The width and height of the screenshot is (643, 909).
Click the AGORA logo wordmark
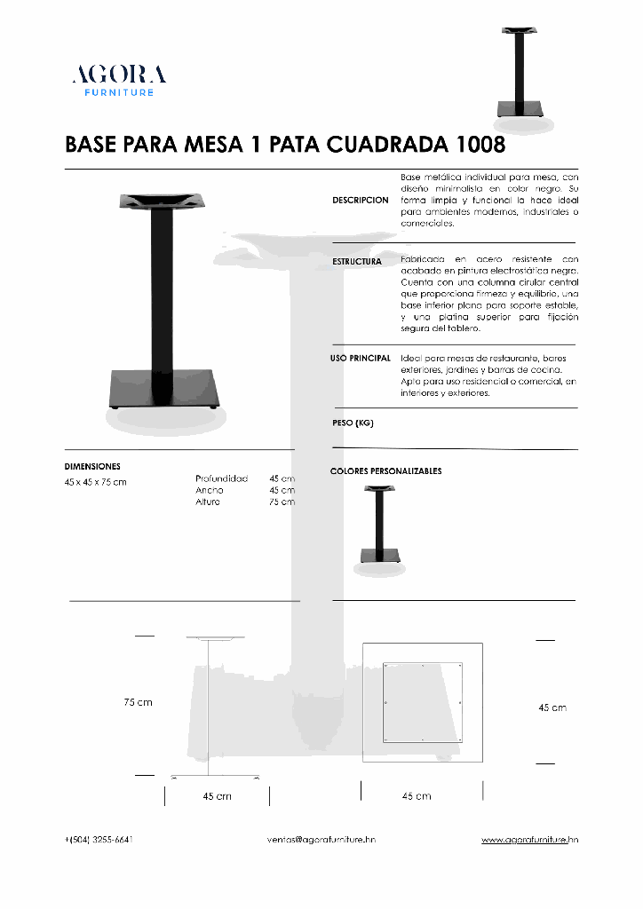pos(119,75)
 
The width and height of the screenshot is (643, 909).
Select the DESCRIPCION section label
pos(361,201)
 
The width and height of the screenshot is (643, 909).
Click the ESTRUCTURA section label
pos(357,262)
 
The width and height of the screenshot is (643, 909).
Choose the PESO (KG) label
pos(353,423)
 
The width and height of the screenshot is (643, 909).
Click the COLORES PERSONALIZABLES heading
pos(385,471)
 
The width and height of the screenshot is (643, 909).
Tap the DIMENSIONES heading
pos(92,466)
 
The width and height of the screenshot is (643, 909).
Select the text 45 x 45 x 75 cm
pos(96,482)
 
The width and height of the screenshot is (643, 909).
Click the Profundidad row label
pos(221,478)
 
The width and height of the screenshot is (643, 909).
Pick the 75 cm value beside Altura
pos(282,502)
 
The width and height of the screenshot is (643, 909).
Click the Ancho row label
pos(210,490)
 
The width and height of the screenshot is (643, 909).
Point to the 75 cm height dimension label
pos(138,702)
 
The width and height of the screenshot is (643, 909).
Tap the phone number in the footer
pos(99,839)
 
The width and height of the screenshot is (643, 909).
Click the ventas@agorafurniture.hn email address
pos(321,839)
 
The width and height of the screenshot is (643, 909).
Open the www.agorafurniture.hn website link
pos(529,839)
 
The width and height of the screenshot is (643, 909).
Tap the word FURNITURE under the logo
pos(119,92)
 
